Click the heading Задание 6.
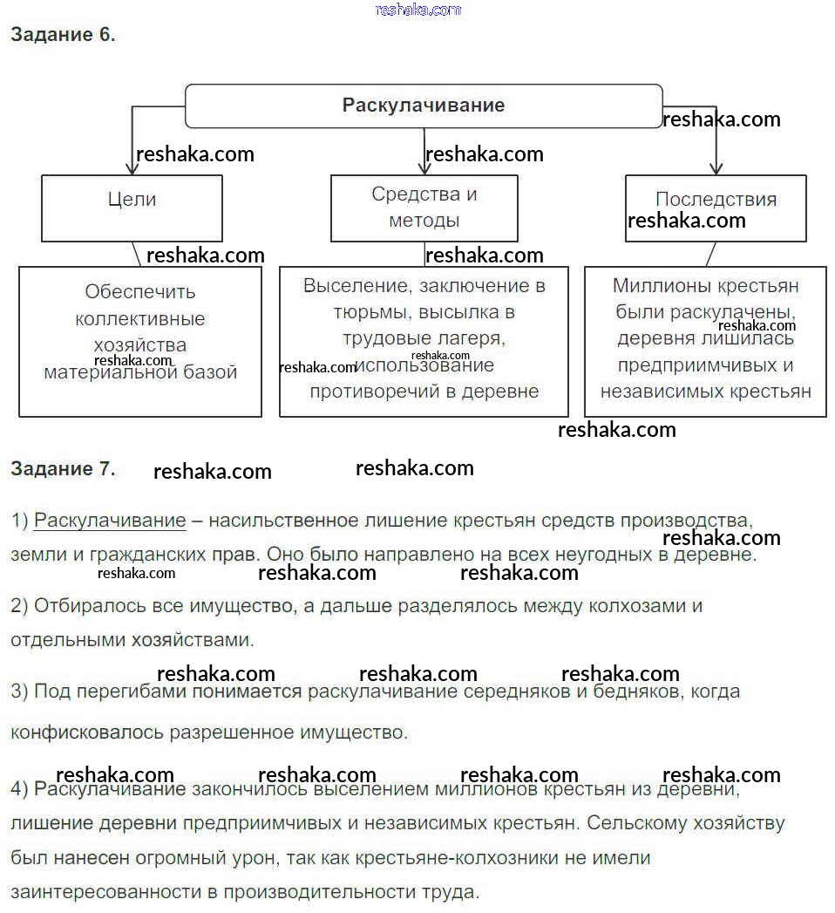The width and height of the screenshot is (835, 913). tap(63, 36)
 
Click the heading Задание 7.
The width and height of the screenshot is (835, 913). tap(63, 468)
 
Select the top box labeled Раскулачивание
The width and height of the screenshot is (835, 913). tap(423, 106)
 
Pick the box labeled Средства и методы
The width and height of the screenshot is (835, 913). tap(424, 208)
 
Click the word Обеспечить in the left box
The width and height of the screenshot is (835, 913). tap(140, 292)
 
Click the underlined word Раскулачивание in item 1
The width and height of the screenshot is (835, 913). tap(110, 521)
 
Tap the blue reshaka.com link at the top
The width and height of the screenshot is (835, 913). tap(417, 10)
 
